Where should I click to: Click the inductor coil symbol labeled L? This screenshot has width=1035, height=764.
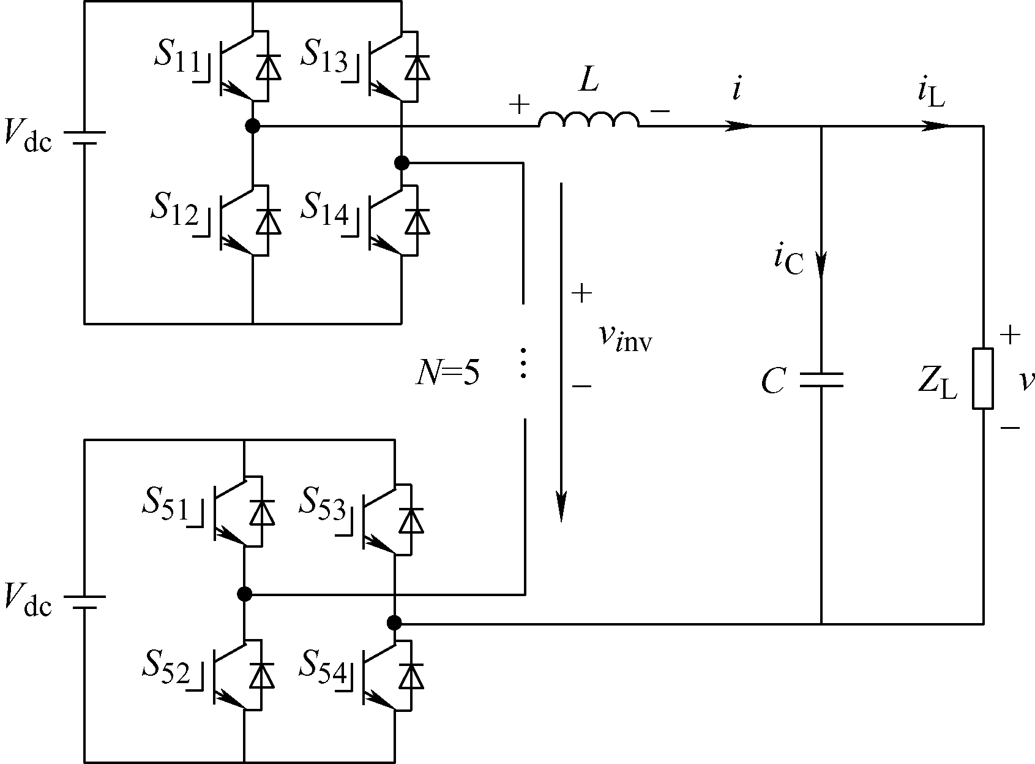point(589,119)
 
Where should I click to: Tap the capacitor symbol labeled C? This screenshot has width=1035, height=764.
point(821,380)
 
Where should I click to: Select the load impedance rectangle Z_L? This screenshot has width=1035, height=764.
point(983,379)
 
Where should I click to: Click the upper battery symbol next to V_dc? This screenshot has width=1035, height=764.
point(84,138)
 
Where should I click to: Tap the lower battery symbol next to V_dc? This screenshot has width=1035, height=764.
point(84,602)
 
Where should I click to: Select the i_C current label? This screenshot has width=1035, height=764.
point(789,261)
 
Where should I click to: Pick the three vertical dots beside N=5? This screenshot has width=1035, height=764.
point(523,363)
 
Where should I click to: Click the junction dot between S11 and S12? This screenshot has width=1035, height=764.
point(253,126)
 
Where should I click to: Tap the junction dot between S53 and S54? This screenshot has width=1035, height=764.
point(394,623)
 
